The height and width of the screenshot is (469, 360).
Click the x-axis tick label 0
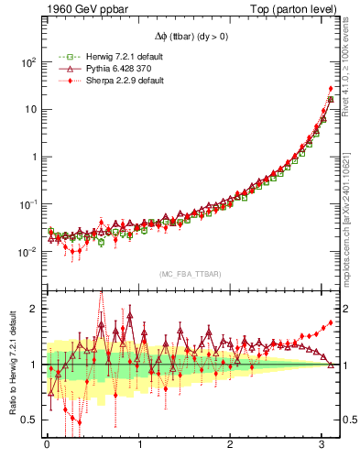tap(46, 446)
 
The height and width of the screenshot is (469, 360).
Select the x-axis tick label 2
tap(231, 446)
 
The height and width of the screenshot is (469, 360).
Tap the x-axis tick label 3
tap(322, 446)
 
